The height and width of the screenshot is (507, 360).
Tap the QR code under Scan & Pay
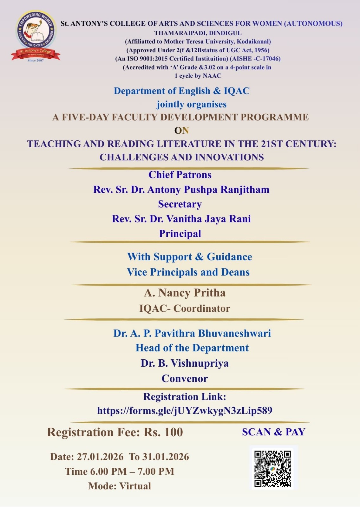tap(272, 468)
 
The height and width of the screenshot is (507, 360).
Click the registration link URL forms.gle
tap(185, 411)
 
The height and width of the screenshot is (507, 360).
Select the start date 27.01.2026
tap(100, 457)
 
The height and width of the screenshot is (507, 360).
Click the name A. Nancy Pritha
tap(185, 293)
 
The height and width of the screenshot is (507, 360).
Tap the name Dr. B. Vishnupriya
tap(185, 363)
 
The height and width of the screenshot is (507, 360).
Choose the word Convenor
tap(185, 378)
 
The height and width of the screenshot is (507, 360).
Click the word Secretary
tap(180, 204)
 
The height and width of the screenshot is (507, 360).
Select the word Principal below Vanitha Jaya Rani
tap(180, 234)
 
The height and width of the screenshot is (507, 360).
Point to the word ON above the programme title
tap(181, 131)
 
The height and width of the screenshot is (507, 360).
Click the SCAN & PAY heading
tap(273, 432)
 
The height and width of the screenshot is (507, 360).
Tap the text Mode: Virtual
tap(120, 486)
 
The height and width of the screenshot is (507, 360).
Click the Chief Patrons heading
tap(180, 175)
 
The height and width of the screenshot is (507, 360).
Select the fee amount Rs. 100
tap(163, 432)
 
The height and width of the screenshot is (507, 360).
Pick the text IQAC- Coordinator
tap(185, 308)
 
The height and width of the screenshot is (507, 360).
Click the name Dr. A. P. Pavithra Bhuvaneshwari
tap(192, 333)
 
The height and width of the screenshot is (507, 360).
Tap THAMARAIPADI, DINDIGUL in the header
tap(198, 33)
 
